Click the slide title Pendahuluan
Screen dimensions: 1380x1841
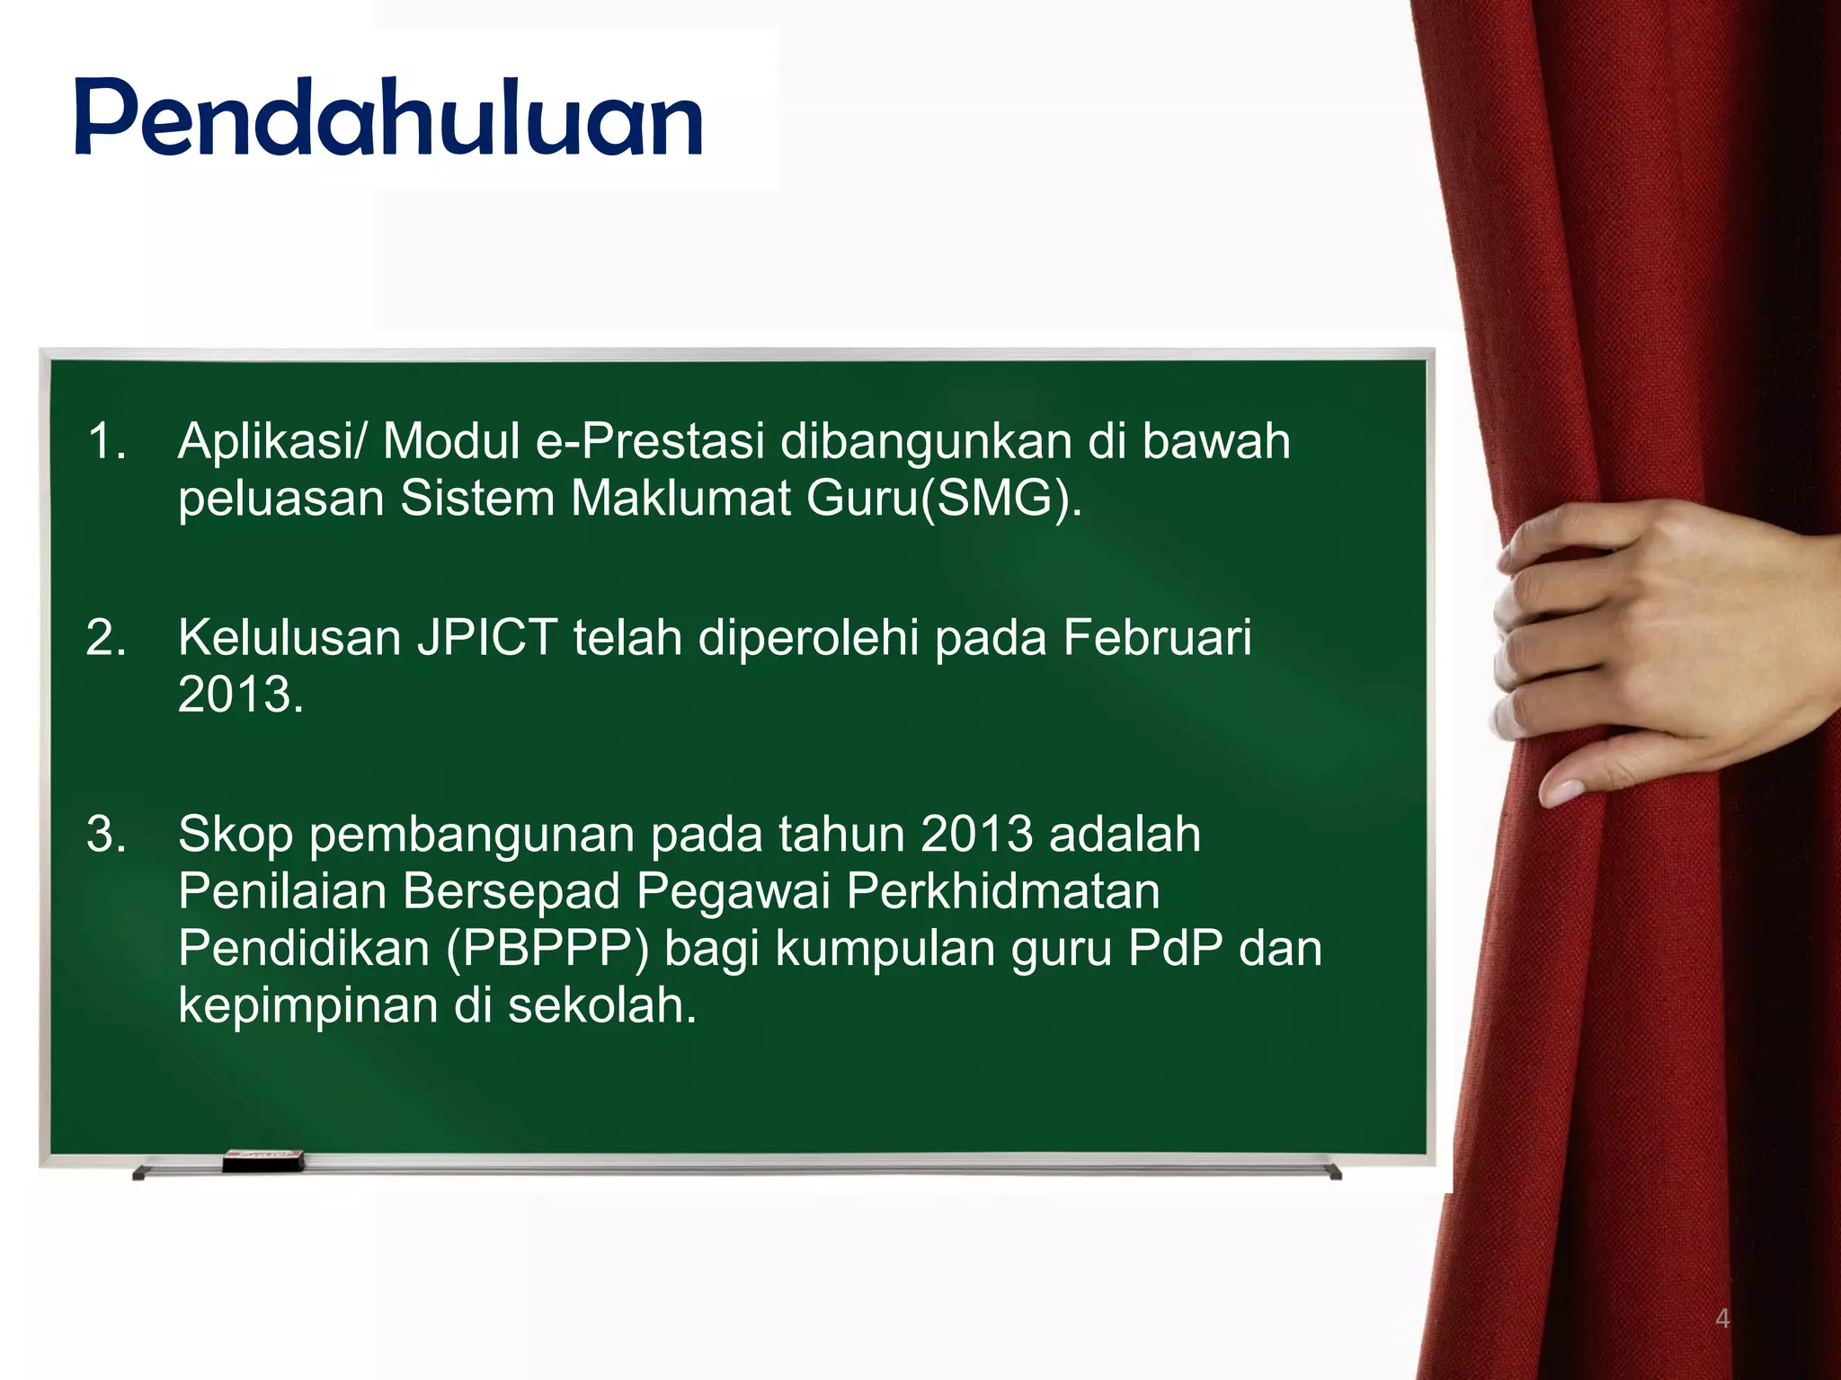(388, 119)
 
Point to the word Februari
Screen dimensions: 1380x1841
(1157, 638)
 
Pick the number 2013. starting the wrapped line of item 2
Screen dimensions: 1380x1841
(241, 694)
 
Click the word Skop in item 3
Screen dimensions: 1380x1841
(236, 834)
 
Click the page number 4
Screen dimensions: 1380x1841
(1722, 1320)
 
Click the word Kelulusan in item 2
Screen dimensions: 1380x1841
(289, 638)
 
